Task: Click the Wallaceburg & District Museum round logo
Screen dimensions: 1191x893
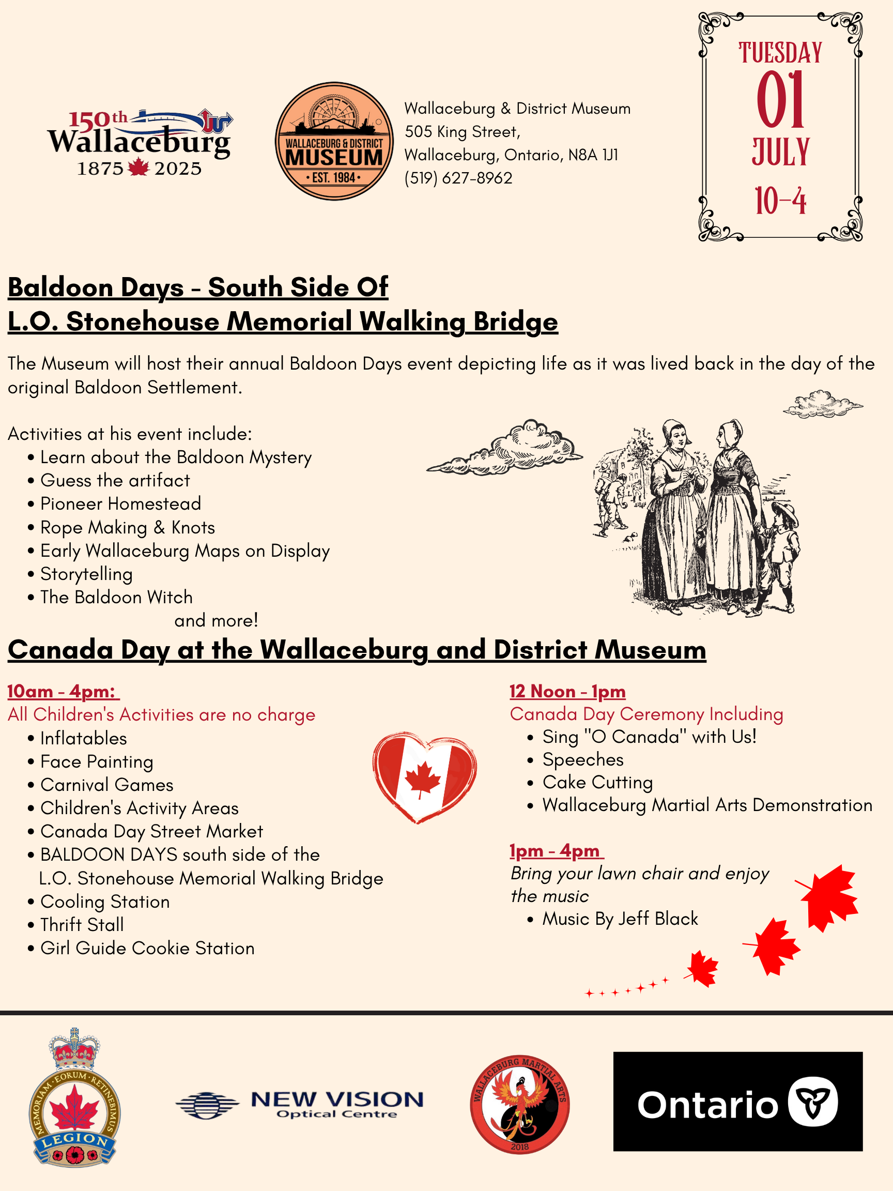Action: [x=334, y=141]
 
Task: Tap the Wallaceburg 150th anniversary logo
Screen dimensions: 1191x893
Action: [x=140, y=143]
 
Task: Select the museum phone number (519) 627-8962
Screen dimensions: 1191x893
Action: [x=458, y=178]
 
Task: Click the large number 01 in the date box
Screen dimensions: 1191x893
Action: [x=780, y=101]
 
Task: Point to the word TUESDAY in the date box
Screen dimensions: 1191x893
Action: [x=780, y=53]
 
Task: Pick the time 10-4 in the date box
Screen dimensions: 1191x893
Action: [x=780, y=202]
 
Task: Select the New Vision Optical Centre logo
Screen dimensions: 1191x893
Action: [x=299, y=1105]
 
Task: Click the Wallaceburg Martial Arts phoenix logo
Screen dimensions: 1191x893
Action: [x=519, y=1104]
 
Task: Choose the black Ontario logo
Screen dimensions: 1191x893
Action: [x=737, y=1101]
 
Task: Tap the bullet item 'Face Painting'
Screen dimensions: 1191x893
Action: [x=97, y=762]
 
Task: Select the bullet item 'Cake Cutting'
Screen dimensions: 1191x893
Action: [x=597, y=782]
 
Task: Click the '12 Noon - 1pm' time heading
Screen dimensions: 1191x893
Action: [x=567, y=691]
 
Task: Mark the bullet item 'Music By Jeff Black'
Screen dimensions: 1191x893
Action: [x=620, y=919]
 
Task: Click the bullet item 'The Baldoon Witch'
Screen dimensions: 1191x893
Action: [x=116, y=597]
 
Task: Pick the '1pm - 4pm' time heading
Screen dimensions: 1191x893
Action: [x=555, y=851]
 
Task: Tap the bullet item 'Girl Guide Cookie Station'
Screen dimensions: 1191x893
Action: [x=147, y=948]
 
